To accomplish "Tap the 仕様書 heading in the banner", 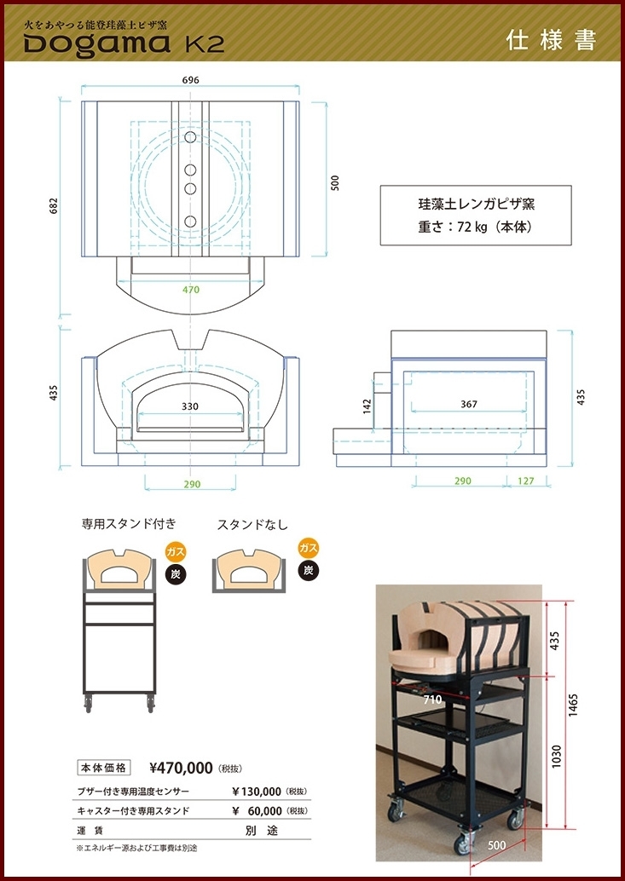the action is pos(551,40).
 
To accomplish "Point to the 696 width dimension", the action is pos(190,80).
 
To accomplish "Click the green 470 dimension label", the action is pos(191,291).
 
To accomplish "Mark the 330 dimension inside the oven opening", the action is pos(191,406).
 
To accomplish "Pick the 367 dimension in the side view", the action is pos(468,404).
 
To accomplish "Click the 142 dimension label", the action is pos(367,405).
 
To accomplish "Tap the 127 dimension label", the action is pos(525,481).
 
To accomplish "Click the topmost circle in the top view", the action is pos(190,136).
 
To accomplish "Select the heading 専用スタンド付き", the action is pos(130,525).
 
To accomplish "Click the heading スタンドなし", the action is pos(252,526).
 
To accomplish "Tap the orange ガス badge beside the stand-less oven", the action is pos(308,548).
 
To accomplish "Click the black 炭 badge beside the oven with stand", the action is pos(176,573).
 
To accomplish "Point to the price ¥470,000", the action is pos(181,768).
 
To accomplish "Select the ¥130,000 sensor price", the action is pos(257,792).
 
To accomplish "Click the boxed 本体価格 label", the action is pos(104,767).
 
